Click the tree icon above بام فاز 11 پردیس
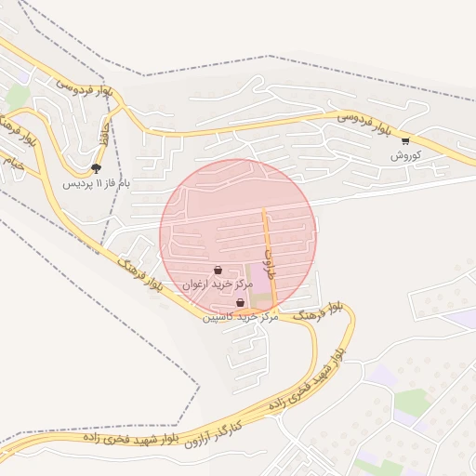coord(96,168)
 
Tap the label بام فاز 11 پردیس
coord(96,183)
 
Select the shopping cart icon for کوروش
coord(405,141)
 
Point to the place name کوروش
coord(406,155)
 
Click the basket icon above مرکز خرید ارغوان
coord(218,271)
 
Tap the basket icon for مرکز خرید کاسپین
coord(240,303)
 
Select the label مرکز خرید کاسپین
coord(242,317)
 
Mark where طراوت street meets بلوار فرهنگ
coord(277,310)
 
